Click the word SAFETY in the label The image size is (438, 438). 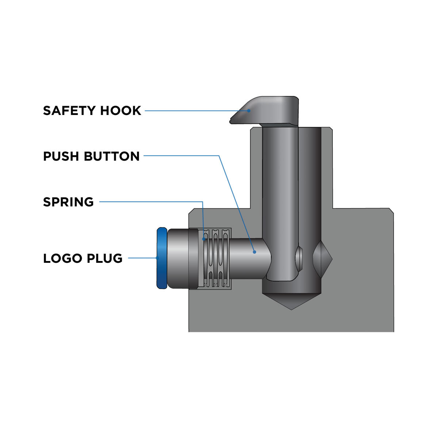67,111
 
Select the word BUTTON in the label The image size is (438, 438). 112,156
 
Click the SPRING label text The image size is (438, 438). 68,202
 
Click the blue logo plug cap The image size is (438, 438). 161,258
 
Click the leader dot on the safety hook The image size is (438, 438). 249,111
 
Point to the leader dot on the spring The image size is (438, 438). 203,239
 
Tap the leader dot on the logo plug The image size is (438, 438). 158,258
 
